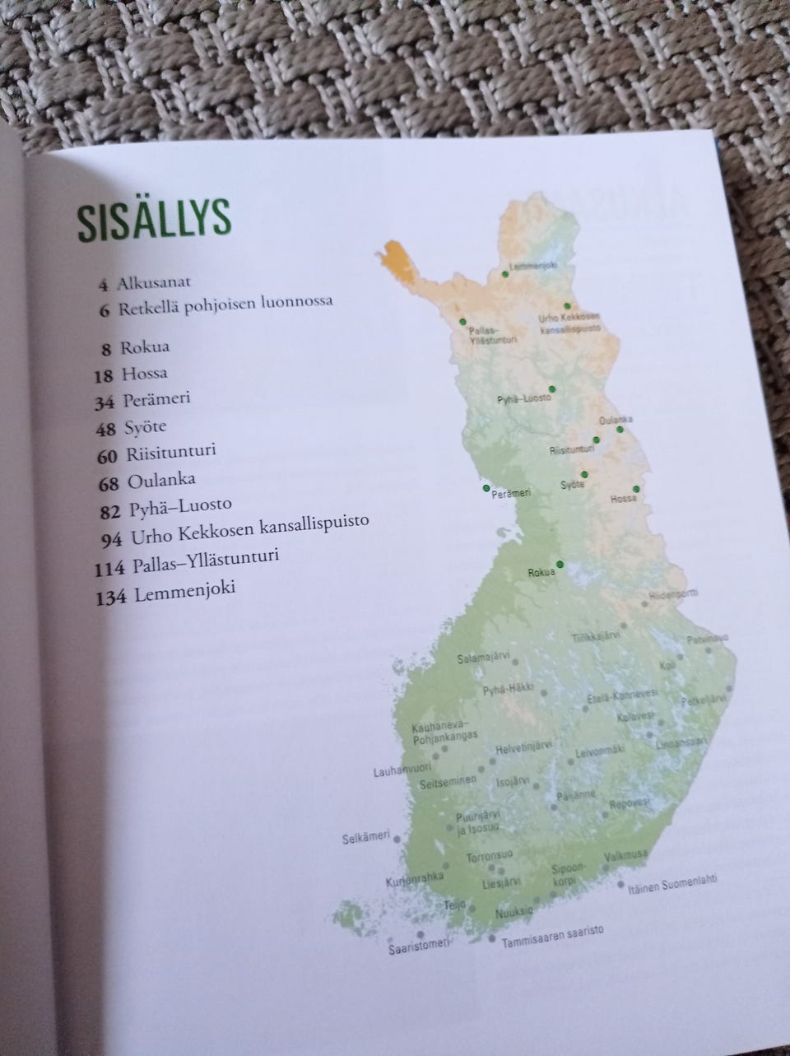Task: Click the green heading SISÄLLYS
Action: tap(155, 219)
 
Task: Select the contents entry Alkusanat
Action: tap(154, 284)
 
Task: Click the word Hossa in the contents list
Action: tap(144, 374)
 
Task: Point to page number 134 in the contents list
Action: tap(111, 597)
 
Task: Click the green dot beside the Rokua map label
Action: tap(560, 564)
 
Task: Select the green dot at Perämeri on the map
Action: tap(486, 488)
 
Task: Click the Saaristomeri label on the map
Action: tap(417, 947)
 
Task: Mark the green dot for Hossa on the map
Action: tap(635, 489)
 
